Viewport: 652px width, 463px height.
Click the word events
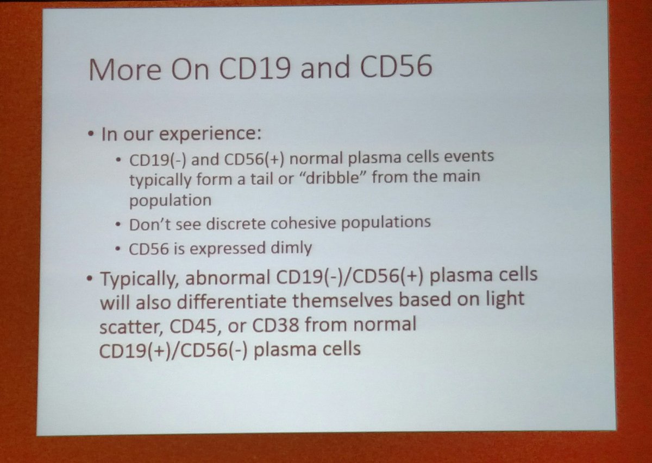[x=468, y=157]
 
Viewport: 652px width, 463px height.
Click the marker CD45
[x=189, y=326]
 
